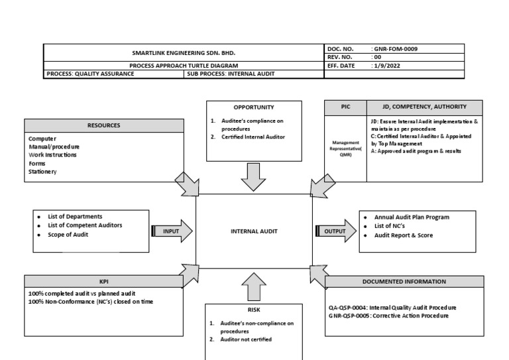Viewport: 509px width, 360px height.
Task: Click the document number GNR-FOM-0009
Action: click(x=396, y=49)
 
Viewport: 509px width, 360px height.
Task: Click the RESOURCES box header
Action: click(x=104, y=125)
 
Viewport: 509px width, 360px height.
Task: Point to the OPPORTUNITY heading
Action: click(x=253, y=107)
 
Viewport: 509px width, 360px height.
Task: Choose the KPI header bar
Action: click(x=104, y=281)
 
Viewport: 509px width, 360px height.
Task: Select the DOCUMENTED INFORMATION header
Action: click(x=404, y=282)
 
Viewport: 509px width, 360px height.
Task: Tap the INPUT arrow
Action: click(x=172, y=231)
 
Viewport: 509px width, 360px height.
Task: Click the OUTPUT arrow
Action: click(x=335, y=231)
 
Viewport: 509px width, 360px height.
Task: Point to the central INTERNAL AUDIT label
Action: click(x=253, y=231)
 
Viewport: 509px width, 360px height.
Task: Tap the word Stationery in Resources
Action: click(x=42, y=172)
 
